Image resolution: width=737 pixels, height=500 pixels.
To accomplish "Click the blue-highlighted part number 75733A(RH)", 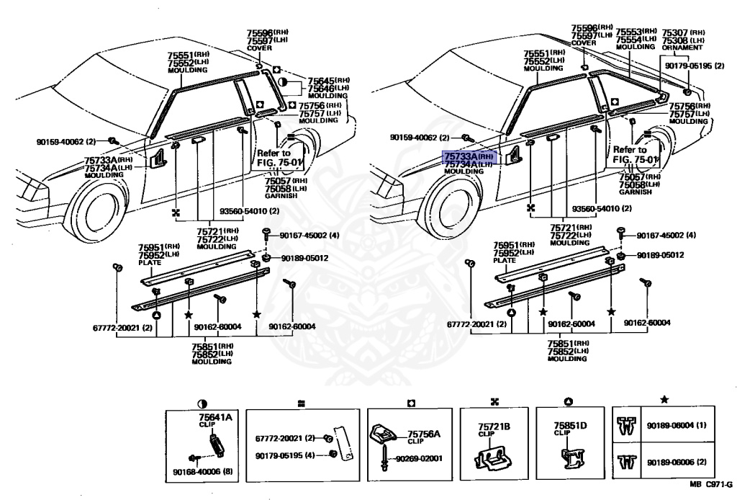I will tap(468, 156).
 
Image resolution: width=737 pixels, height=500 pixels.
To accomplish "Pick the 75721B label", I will tap(494, 427).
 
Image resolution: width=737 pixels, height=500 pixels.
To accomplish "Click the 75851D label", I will tap(570, 426).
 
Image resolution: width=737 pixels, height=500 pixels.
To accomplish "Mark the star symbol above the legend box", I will tap(664, 398).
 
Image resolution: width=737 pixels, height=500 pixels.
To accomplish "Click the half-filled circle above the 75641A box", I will tap(202, 404).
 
